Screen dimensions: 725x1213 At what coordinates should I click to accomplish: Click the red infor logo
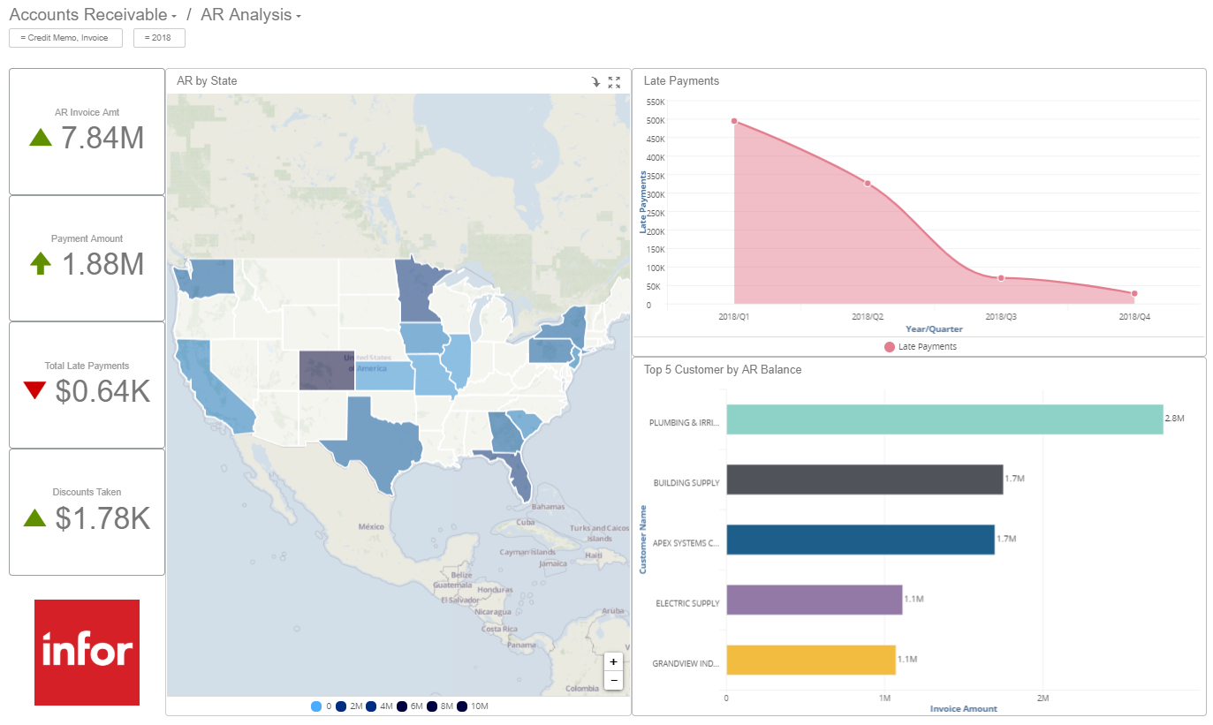pos(87,652)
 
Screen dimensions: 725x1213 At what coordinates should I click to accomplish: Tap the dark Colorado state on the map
pos(327,370)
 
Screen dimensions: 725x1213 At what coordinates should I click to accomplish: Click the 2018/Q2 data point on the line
pos(868,183)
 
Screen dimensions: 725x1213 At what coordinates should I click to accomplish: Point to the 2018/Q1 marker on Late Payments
pos(734,121)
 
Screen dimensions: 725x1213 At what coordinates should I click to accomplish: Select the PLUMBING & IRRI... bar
pos(944,419)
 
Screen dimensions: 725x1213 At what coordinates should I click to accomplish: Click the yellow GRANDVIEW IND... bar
pos(810,660)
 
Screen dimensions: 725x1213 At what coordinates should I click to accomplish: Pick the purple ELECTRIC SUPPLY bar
pos(814,600)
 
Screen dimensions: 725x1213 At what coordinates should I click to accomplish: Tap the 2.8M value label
pos(1174,418)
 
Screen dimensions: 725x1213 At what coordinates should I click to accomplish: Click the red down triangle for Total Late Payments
pos(34,390)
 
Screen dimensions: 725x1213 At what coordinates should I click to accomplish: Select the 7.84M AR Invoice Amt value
pos(102,138)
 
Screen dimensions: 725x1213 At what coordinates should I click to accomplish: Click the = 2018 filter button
pos(159,38)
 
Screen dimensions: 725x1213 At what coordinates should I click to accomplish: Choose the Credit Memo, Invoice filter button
pos(65,38)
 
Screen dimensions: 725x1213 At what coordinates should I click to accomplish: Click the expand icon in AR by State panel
pos(614,82)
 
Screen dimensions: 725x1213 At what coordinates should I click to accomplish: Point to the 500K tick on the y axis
pos(655,120)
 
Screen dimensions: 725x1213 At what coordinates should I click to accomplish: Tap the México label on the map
pos(371,525)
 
